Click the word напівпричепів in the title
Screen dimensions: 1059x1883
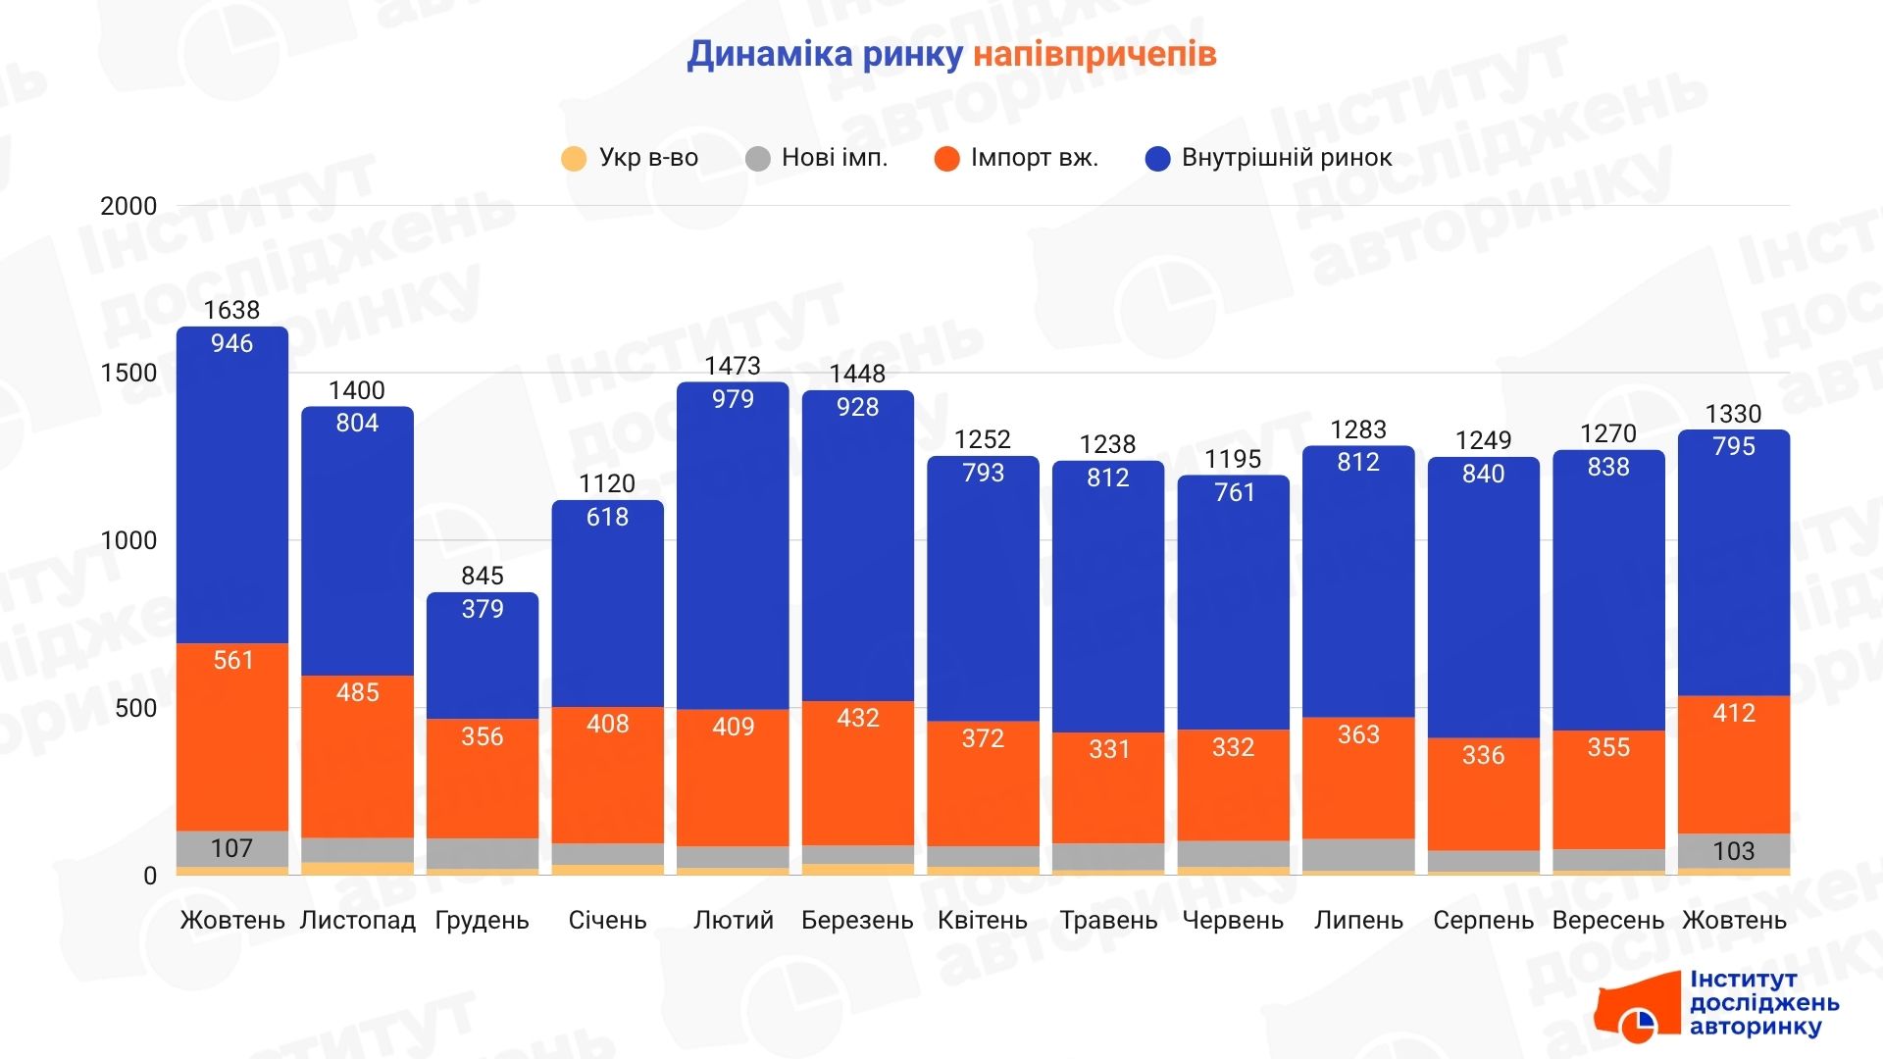tap(1094, 54)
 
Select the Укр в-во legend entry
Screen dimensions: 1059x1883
tap(630, 158)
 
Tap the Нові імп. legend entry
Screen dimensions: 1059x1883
tap(817, 158)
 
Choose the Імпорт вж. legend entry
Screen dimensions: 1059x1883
tap(1017, 158)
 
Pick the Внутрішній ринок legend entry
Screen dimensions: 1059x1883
tap(1269, 158)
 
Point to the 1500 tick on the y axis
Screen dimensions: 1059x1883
tap(128, 373)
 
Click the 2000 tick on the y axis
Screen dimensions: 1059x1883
tap(128, 206)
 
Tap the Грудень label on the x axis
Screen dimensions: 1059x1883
tap(482, 921)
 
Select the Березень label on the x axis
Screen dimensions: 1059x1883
tap(857, 921)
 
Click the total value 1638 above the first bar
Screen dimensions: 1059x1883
tap(231, 310)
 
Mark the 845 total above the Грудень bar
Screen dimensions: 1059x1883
tap(482, 576)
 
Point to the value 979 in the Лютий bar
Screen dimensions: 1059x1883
tap(733, 399)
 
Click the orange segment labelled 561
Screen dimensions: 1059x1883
tap(232, 735)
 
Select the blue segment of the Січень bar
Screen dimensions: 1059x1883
tap(607, 608)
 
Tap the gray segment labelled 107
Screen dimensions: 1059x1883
tap(232, 848)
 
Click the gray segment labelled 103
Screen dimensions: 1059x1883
tap(1734, 850)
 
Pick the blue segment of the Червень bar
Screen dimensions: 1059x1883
tap(1233, 608)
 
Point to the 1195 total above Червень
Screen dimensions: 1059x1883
tap(1233, 459)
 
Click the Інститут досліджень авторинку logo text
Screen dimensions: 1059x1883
tap(1763, 1003)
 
